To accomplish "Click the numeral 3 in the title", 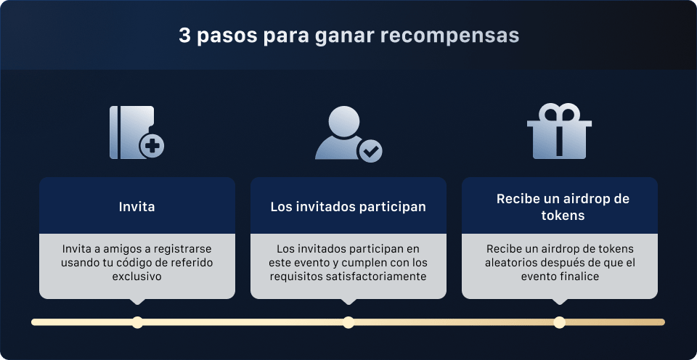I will (x=184, y=36).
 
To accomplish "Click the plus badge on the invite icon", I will (x=152, y=147).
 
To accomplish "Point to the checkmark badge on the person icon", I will (x=370, y=151).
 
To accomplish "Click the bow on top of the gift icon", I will (x=559, y=114).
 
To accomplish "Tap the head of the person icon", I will (x=342, y=120).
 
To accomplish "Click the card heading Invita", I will (x=136, y=207).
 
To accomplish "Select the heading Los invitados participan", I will (x=348, y=207).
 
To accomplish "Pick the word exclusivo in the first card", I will (x=136, y=277).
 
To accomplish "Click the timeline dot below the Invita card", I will (x=137, y=322).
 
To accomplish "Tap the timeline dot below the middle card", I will (x=348, y=322).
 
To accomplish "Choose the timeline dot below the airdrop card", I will (x=559, y=322).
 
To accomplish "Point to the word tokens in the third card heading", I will (x=563, y=216).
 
